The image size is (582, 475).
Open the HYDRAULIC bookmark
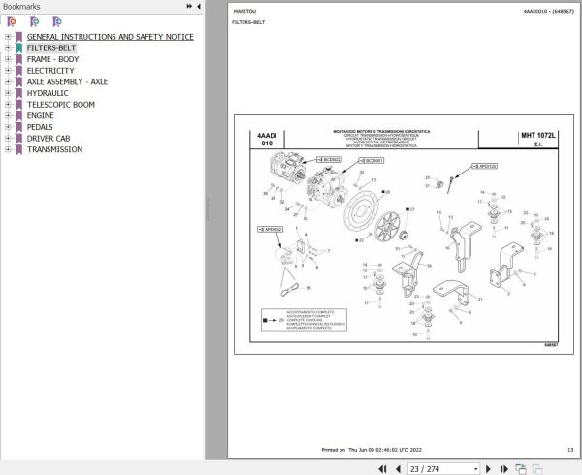(x=48, y=93)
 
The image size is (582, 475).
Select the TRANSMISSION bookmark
(x=54, y=149)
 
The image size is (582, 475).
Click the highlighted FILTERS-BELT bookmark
(x=51, y=47)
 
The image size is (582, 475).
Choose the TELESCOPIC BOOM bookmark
(x=60, y=105)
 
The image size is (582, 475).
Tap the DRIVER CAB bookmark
(x=48, y=139)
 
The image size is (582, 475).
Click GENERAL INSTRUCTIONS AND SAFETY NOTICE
(x=110, y=37)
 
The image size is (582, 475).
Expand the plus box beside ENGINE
(x=8, y=115)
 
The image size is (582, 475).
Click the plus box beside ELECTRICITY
(x=8, y=71)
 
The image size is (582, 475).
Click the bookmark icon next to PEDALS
(x=18, y=127)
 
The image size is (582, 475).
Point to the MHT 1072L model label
(x=538, y=136)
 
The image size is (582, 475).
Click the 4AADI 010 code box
(x=266, y=140)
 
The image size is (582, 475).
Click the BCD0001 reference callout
(x=372, y=160)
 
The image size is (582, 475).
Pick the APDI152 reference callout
(x=273, y=230)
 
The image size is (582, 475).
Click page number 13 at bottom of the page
(x=570, y=450)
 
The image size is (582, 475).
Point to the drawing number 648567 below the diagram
(x=550, y=345)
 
